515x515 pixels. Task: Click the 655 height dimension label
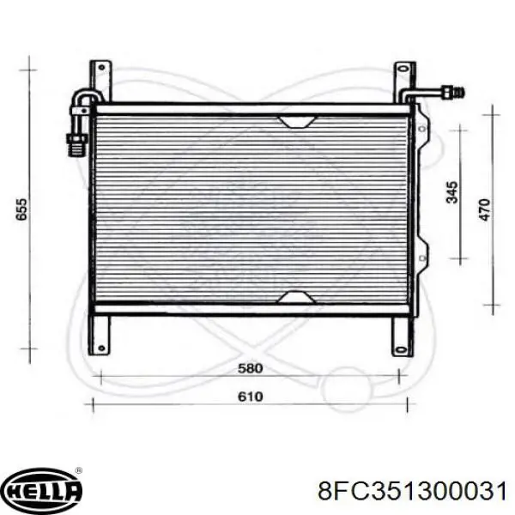pos(21,209)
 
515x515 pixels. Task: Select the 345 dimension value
pos(452,192)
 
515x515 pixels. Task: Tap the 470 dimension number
pos(485,209)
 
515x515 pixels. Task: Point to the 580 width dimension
pos(251,368)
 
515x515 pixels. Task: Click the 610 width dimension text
pos(251,397)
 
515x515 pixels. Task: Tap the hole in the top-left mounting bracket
pos(101,68)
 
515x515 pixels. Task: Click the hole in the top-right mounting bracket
pos(403,69)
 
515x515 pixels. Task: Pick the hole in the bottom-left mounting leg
pos(101,348)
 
